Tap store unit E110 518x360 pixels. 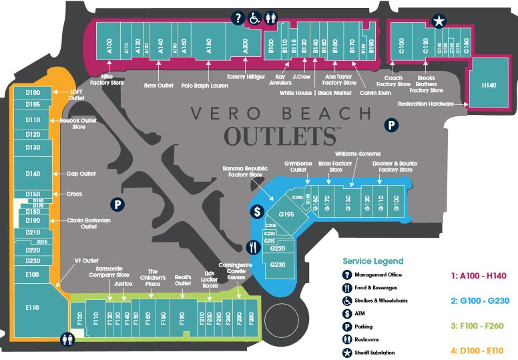[33, 307]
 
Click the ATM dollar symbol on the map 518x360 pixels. [256, 212]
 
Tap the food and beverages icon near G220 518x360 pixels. [252, 246]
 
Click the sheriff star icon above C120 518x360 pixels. [439, 21]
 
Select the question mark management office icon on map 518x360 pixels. [238, 19]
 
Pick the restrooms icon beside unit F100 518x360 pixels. [67, 339]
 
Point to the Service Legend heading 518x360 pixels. [373, 261]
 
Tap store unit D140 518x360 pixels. [33, 174]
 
